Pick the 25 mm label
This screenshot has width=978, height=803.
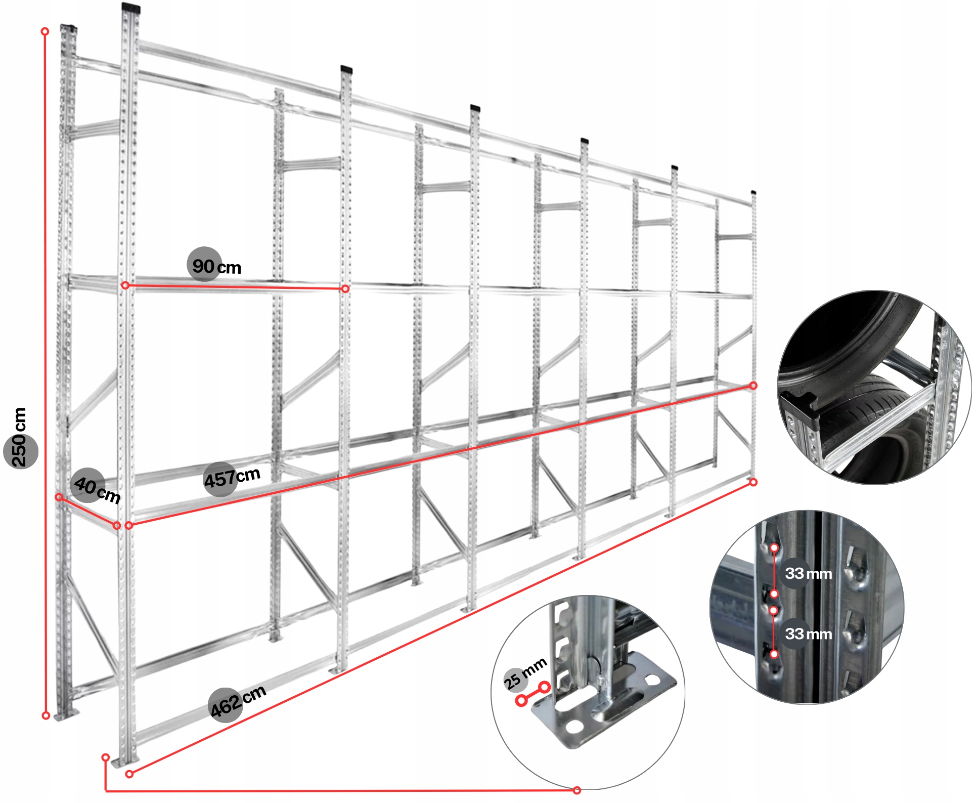click(525, 673)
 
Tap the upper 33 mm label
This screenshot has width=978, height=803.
click(808, 574)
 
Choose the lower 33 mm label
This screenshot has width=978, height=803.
click(808, 634)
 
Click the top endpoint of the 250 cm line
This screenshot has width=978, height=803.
click(45, 31)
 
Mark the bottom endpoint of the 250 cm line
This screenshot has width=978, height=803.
click(46, 715)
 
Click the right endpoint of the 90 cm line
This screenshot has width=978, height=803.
click(345, 289)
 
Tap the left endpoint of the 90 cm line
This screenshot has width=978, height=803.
click(125, 286)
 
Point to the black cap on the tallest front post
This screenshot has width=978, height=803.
click(131, 8)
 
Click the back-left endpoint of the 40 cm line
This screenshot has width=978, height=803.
click(59, 497)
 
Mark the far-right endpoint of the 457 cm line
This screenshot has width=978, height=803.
click(753, 386)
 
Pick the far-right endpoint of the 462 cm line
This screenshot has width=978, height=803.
click(753, 482)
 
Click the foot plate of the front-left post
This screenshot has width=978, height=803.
click(125, 762)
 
